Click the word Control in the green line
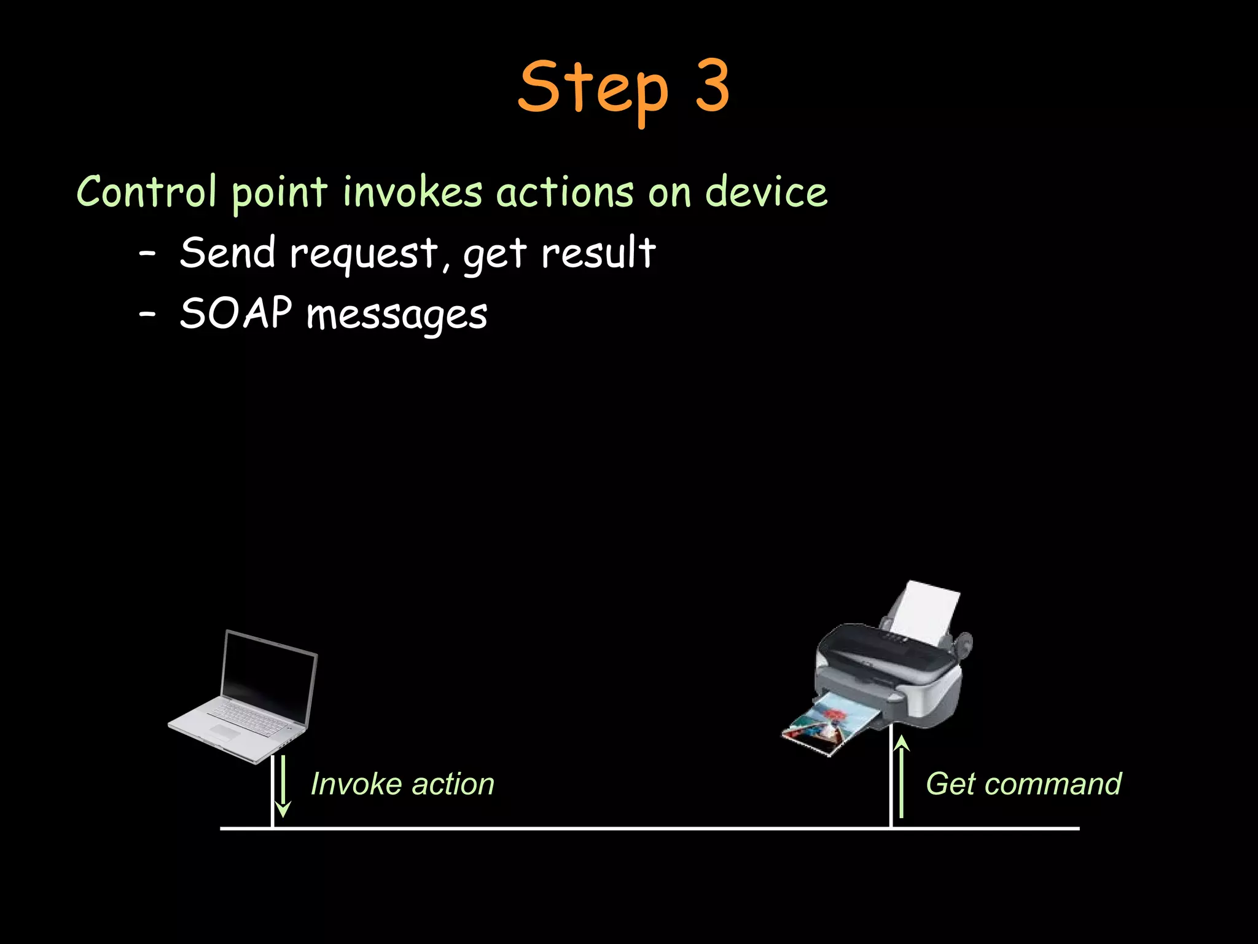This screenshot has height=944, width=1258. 146,192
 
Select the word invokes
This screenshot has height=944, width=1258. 412,192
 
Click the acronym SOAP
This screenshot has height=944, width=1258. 235,313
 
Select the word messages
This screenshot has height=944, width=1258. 397,316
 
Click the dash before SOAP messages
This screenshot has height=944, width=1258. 147,314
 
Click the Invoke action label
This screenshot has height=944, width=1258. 402,784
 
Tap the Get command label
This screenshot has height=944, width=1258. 1023,784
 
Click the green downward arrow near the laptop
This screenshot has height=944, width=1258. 283,787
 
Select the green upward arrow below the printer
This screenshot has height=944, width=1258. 901,777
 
